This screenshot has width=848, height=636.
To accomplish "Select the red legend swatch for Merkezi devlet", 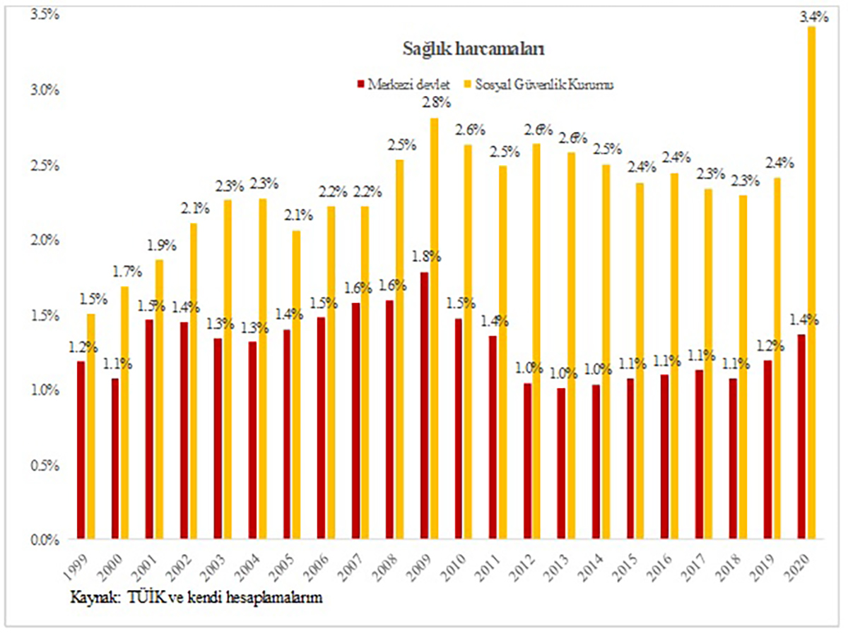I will coord(361,85).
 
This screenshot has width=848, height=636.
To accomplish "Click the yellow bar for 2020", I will coord(812,282).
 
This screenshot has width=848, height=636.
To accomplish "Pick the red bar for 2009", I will coord(423,406).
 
